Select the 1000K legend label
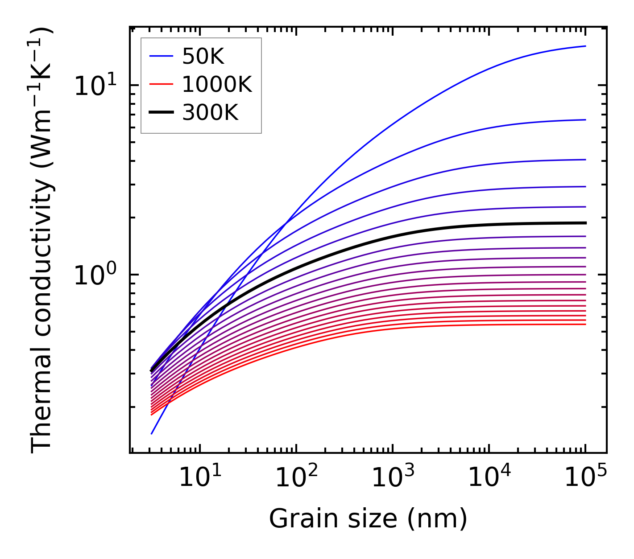[217, 84]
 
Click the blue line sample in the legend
[161, 56]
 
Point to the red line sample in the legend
[161, 84]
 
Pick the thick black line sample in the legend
[161, 113]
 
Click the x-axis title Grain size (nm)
[368, 518]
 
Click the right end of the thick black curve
[585, 222]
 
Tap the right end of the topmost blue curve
[585, 46]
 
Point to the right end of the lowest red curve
[585, 324]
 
